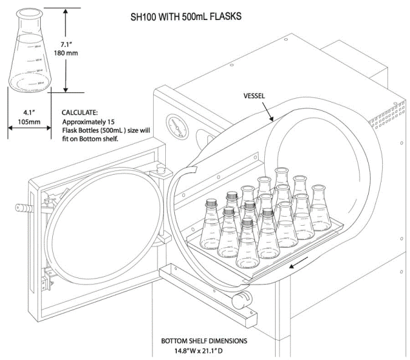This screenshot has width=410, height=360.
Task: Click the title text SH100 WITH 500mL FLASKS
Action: click(x=186, y=16)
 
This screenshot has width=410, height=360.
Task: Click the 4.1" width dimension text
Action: click(x=29, y=112)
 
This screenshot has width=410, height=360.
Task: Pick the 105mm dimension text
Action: click(x=29, y=121)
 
